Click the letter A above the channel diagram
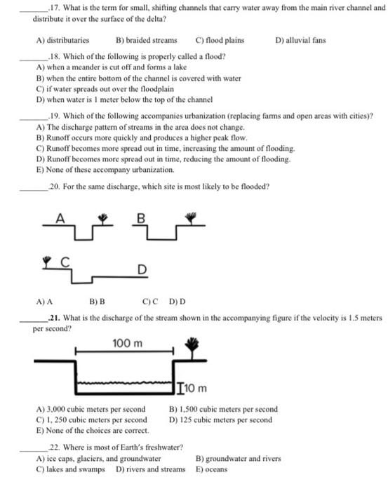tap(60, 217)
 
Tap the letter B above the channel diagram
tap(140, 217)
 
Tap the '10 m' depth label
tap(194, 388)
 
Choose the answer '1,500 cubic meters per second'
tap(223, 409)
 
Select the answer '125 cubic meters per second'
tap(220, 419)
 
